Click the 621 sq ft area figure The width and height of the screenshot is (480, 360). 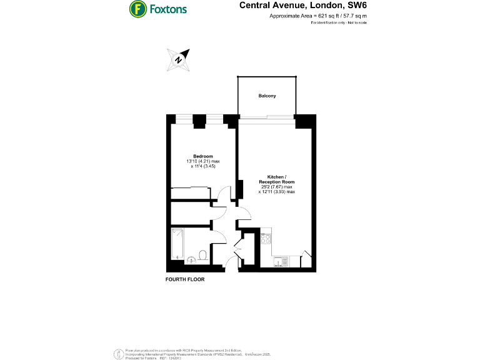point(314,16)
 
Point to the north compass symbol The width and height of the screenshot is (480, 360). point(179,59)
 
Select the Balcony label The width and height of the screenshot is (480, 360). point(267,96)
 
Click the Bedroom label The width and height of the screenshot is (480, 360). point(203,156)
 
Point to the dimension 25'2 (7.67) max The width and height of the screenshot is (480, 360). point(276,187)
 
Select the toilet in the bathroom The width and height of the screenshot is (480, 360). point(203,254)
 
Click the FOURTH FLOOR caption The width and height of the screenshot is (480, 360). point(185,279)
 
